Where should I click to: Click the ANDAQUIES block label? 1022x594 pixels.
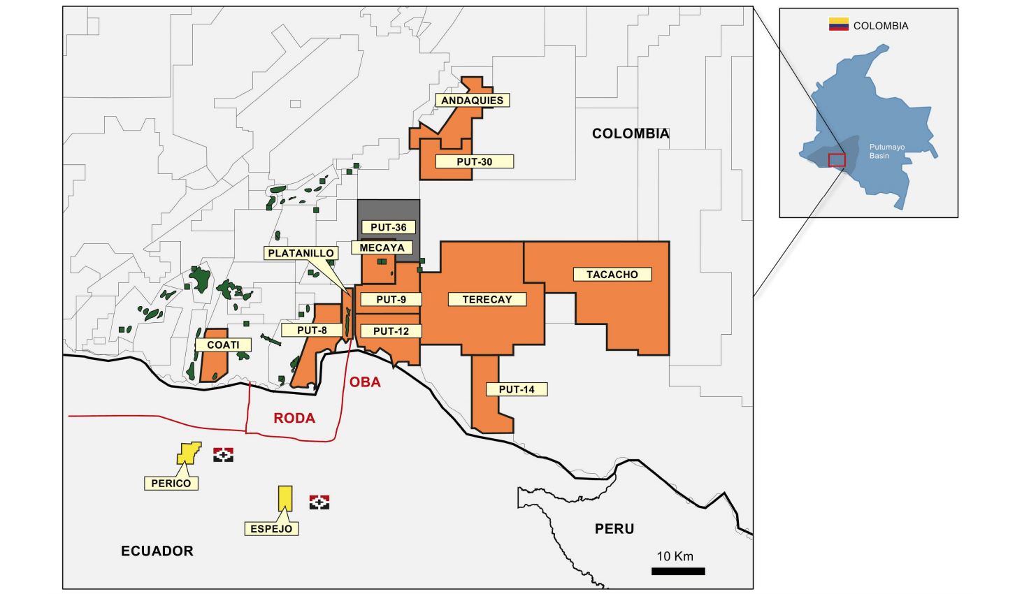point(472,101)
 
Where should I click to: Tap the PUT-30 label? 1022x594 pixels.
point(475,161)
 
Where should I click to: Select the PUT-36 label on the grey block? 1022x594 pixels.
point(389,227)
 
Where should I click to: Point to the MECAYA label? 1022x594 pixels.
point(382,247)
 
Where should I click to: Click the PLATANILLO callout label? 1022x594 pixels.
point(301,253)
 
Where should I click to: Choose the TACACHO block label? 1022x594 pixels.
point(612,275)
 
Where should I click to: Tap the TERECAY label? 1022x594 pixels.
point(487,299)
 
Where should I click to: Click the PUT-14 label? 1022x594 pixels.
point(517,389)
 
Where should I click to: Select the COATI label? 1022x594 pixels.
point(223,345)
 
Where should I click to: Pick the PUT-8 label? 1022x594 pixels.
point(312,330)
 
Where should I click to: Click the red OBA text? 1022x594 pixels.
point(365,382)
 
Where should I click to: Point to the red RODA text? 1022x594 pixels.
point(294,418)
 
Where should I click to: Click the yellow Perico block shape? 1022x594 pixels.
point(187,454)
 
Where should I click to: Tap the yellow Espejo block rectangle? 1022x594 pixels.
point(285,498)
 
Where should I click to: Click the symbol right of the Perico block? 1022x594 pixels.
point(223,455)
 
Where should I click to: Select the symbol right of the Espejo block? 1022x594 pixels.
point(319,502)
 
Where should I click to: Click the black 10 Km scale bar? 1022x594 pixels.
point(678,571)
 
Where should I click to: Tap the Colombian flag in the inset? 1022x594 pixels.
point(838,25)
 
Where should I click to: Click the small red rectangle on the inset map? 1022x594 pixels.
point(837,160)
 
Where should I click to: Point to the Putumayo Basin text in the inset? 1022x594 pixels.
point(886,152)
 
